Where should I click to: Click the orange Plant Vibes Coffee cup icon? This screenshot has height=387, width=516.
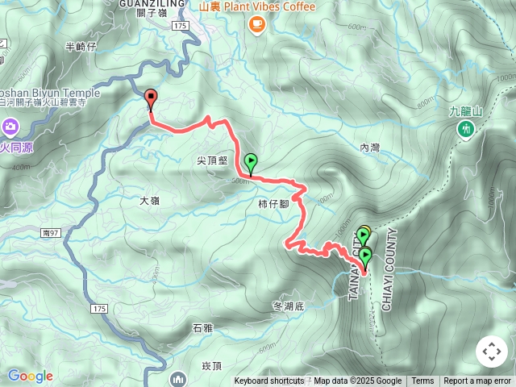(x=256, y=24)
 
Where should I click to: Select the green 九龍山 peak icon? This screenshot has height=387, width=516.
(x=465, y=129)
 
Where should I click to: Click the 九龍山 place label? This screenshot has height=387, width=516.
(x=465, y=111)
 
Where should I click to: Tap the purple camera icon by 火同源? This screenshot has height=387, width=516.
(x=10, y=126)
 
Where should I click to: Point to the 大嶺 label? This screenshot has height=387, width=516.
(x=150, y=199)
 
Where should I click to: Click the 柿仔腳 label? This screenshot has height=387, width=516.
(x=274, y=204)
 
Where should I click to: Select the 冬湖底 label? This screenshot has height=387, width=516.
(x=289, y=306)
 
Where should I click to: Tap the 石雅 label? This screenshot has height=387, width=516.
(x=202, y=328)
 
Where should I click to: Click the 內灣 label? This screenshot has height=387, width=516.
(x=369, y=148)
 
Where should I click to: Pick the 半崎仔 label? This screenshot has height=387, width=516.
(x=81, y=47)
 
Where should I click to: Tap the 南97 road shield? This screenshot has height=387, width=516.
(x=48, y=232)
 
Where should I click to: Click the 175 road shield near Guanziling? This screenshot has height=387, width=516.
(x=179, y=27)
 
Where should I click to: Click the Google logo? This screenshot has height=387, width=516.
(x=30, y=376)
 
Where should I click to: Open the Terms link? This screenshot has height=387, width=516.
(x=422, y=381)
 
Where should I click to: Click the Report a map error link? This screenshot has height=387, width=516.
(x=478, y=381)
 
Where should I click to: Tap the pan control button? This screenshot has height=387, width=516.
(x=492, y=352)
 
